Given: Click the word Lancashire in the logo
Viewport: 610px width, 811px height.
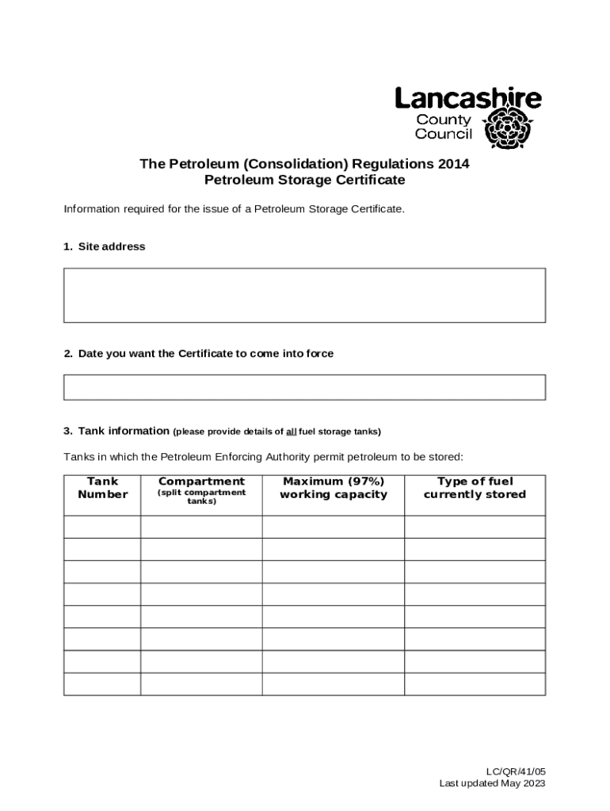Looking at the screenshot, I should coord(468,99).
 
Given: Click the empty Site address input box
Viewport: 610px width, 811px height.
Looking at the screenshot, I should coord(304,295).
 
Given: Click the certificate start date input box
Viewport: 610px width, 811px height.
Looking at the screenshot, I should coord(304,387).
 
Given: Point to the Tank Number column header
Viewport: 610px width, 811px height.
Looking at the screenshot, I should coord(102,488).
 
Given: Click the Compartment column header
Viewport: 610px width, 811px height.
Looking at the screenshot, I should coord(201,482).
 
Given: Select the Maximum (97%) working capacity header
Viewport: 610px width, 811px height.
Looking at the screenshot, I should coord(334,488).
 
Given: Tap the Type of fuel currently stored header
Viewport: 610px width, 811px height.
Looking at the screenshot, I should coord(475,488).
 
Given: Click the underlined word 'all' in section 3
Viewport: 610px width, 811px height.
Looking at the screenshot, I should coord(292,432).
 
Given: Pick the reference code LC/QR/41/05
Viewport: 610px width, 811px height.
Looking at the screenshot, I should coord(516,771).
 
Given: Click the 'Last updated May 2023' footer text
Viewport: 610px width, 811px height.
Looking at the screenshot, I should coord(492,783).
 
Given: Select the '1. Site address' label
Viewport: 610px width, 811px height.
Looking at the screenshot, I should coord(105,247).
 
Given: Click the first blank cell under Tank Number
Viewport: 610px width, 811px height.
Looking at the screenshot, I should coord(102,527).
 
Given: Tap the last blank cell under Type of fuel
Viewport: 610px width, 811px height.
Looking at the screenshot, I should coord(475,683).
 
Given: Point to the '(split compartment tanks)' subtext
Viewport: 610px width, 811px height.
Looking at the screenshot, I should coord(201,497).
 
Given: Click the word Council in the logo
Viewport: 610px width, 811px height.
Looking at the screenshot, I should coord(444,134).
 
